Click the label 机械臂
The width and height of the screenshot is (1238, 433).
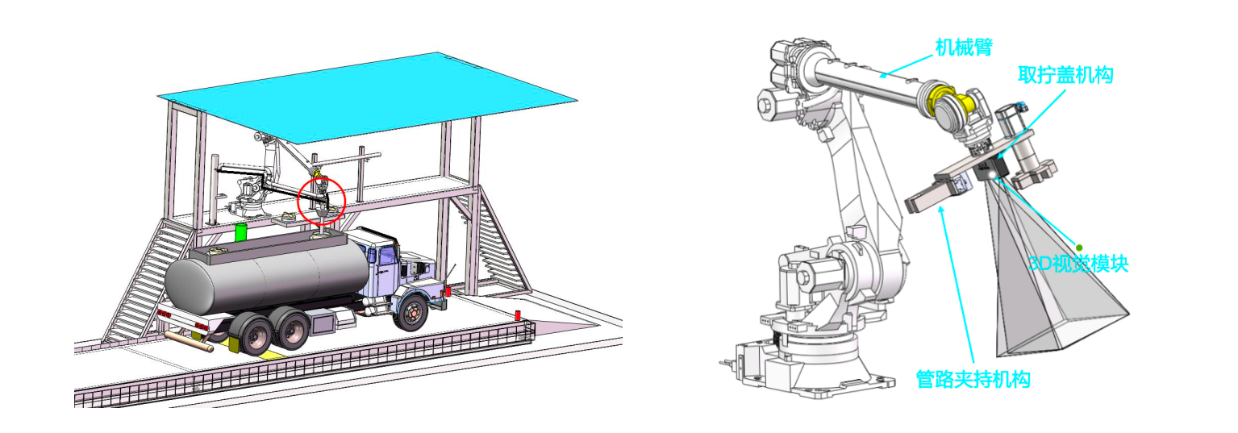pos(964,48)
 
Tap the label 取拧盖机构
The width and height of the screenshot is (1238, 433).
pos(1065,75)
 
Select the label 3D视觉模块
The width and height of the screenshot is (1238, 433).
pos(1078,264)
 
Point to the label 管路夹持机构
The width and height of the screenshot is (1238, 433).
pos(973,380)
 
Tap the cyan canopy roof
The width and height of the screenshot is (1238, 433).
pos(368,97)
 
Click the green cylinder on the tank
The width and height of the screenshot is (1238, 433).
pos(240,232)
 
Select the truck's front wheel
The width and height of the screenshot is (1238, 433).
pos(412,313)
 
